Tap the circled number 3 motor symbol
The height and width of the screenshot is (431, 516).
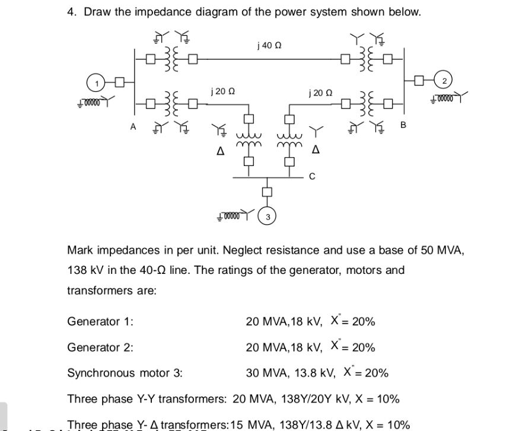pos(267,217)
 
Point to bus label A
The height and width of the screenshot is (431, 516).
pos(133,126)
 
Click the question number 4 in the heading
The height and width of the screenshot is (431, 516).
pos(70,12)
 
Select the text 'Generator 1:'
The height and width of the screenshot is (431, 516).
pos(100,321)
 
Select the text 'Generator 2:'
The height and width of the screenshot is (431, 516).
pos(100,347)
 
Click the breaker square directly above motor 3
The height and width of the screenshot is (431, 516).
pos(267,191)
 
